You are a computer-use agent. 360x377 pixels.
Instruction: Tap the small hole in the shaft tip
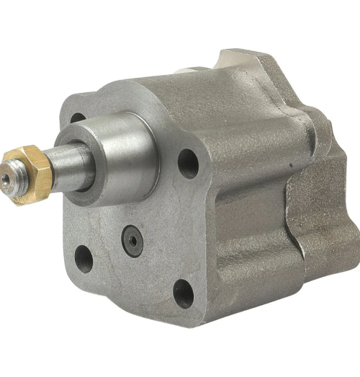coord(6,177)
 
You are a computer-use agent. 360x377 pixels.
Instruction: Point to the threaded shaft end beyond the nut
coord(10,178)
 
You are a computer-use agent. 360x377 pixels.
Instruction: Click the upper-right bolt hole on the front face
coord(188,162)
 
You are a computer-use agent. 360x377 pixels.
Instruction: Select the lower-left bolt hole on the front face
coord(84,257)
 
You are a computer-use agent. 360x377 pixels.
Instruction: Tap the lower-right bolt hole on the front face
coord(184,293)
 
